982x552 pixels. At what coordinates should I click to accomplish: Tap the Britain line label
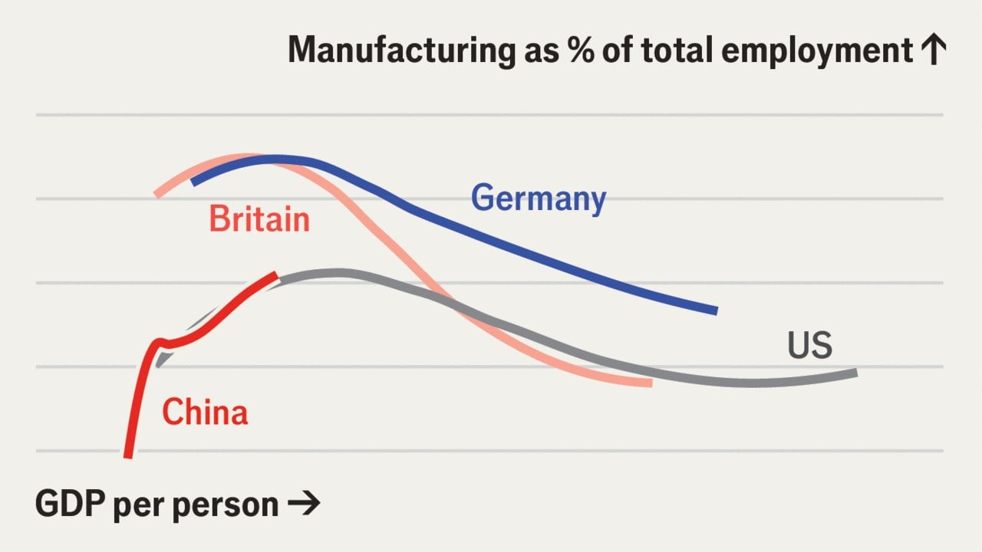pyautogui.click(x=259, y=219)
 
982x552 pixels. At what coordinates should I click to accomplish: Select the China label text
pyautogui.click(x=205, y=412)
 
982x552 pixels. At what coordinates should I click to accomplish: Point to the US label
pyautogui.click(x=809, y=345)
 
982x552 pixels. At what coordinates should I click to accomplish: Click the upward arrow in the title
pyautogui.click(x=934, y=49)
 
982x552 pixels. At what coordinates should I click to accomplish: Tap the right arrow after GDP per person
pyautogui.click(x=304, y=504)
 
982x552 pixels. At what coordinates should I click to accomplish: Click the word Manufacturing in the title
pyautogui.click(x=401, y=51)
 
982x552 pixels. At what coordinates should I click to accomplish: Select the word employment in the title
pyautogui.click(x=817, y=51)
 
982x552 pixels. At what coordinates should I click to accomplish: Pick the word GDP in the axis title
pyautogui.click(x=70, y=504)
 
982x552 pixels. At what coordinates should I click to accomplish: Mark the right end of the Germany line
pyautogui.click(x=717, y=310)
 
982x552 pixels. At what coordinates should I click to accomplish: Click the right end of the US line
pyautogui.click(x=857, y=373)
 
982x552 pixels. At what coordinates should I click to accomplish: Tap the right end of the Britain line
pyautogui.click(x=652, y=383)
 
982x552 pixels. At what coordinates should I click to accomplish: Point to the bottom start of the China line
pyautogui.click(x=128, y=458)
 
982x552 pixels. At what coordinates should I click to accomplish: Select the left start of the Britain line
pyautogui.click(x=156, y=194)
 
